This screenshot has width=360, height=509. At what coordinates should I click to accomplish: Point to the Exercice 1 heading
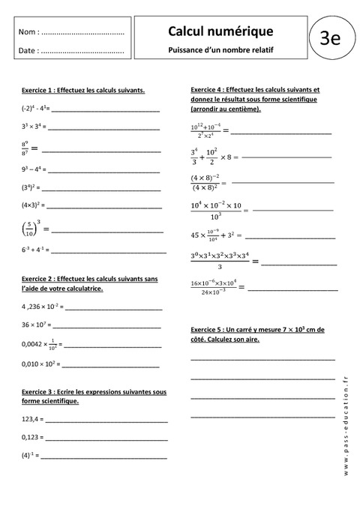[83, 90]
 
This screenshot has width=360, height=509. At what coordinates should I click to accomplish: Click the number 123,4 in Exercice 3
[31, 418]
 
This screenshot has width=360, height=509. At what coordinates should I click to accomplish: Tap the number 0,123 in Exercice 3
[31, 437]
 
